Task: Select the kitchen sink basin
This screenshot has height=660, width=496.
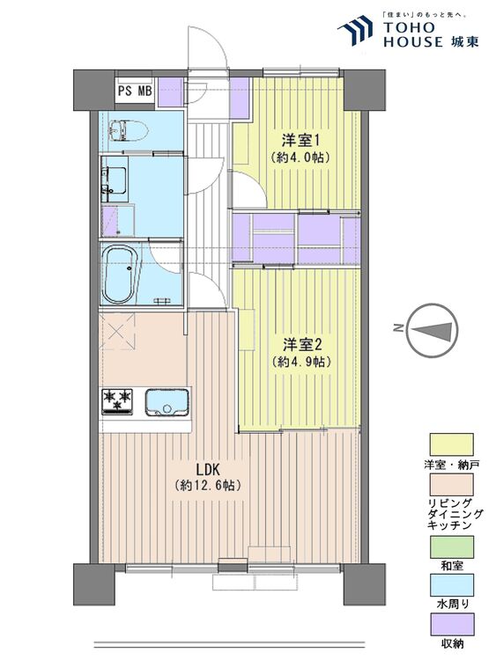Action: pos(167,402)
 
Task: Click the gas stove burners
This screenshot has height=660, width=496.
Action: pos(117,401)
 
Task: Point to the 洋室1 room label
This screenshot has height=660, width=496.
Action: pos(300,139)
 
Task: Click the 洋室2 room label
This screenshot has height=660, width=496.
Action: pos(302,345)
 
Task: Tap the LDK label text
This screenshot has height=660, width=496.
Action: pos(207,469)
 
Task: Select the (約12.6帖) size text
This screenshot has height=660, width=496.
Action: pos(208,485)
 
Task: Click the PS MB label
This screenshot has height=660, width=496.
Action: pos(135,91)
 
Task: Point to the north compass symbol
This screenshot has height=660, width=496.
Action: pos(433,329)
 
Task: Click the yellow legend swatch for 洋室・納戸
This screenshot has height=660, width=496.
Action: pos(451,444)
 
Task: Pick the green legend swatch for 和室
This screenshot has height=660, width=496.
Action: pos(451,546)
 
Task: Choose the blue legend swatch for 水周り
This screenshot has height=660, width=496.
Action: pos(451,584)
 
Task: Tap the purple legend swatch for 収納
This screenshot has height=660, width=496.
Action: pos(451,624)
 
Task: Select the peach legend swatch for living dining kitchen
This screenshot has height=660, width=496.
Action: pos(451,485)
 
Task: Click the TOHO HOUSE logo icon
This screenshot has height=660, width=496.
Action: pos(355,30)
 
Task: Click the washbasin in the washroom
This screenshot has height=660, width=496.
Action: pos(114,180)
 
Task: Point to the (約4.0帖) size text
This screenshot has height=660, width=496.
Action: pos(300,158)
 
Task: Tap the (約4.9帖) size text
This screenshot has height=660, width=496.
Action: pos(301,362)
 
